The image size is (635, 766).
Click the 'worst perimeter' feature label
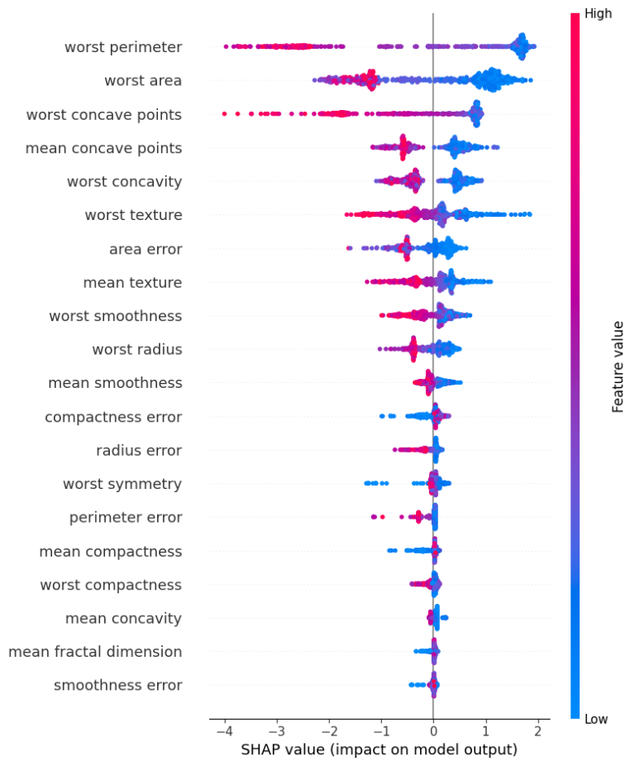[123, 47]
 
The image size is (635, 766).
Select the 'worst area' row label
[143, 80]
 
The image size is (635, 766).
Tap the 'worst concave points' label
[104, 114]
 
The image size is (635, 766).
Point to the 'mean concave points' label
[104, 148]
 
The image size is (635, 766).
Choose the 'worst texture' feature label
[133, 215]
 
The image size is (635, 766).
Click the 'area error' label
[146, 249]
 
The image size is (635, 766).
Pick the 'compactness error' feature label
[113, 417]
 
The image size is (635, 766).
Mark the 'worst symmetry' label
[122, 484]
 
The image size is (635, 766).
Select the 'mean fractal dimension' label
[95, 652]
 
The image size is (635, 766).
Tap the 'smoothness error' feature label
[118, 686]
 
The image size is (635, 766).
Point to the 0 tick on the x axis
[433, 731]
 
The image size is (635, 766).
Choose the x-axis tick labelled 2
[537, 731]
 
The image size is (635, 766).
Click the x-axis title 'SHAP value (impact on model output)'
[380, 750]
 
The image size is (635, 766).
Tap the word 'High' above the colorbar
[598, 13]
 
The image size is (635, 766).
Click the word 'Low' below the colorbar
[596, 720]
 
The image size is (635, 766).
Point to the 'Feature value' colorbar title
[618, 366]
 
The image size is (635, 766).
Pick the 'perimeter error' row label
[126, 518]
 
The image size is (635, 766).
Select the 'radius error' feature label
[139, 451]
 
